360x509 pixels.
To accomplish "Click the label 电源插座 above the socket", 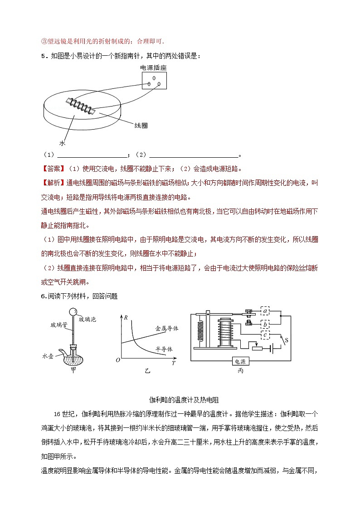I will click(x=153, y=68).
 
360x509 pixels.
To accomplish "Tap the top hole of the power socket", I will click(x=153, y=78).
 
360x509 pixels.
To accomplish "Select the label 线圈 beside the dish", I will click(x=141, y=125).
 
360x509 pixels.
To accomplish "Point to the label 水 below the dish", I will click(x=62, y=143).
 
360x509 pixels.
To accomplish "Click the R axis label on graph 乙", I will click(x=125, y=318).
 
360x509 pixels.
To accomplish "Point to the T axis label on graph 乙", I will click(x=174, y=363).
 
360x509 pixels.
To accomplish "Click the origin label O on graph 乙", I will click(x=117, y=360).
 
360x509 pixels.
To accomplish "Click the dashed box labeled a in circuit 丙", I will click(x=265, y=310).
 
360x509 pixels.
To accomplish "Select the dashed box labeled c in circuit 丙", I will click(x=265, y=335).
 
